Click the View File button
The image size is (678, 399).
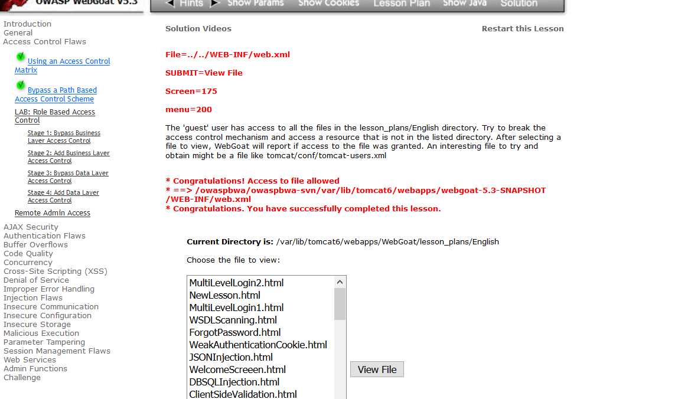[377, 369]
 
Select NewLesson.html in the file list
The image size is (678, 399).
[224, 295]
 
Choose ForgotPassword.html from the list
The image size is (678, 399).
[234, 332]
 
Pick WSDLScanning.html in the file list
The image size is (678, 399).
[233, 320]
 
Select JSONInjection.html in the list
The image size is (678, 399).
[231, 357]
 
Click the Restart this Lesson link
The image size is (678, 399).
[522, 28]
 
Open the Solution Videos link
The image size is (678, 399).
[198, 28]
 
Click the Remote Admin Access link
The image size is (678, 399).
[53, 213]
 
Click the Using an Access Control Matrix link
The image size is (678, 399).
[69, 61]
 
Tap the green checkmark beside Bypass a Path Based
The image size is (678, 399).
[21, 86]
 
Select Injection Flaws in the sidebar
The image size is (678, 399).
[33, 298]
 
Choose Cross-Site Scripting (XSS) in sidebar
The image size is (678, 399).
[55, 272]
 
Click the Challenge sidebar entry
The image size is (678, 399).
[22, 378]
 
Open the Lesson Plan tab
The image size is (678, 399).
[402, 4]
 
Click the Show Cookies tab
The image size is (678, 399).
[328, 4]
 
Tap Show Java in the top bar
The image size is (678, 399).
[465, 4]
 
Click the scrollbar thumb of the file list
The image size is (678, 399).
[340, 304]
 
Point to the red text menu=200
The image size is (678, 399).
[188, 109]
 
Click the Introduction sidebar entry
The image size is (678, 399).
[27, 24]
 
